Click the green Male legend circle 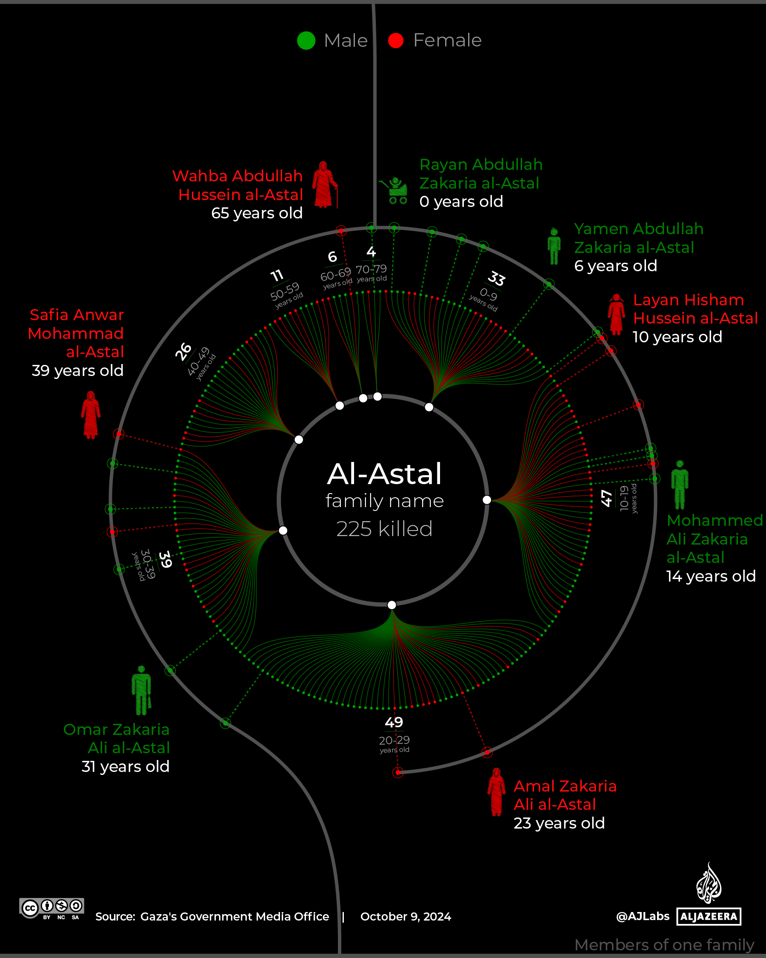tap(306, 40)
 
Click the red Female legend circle tap(396, 40)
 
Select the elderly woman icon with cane tap(325, 184)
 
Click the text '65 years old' tap(257, 213)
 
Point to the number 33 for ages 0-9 tap(497, 278)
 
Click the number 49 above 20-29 tap(394, 723)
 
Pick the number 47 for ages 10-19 tap(606, 498)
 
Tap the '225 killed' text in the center tap(384, 529)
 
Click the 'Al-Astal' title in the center tap(384, 473)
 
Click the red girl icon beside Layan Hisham tap(616, 314)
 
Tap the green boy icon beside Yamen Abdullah tap(554, 246)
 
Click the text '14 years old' tap(711, 577)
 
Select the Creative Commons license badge tap(52, 908)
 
